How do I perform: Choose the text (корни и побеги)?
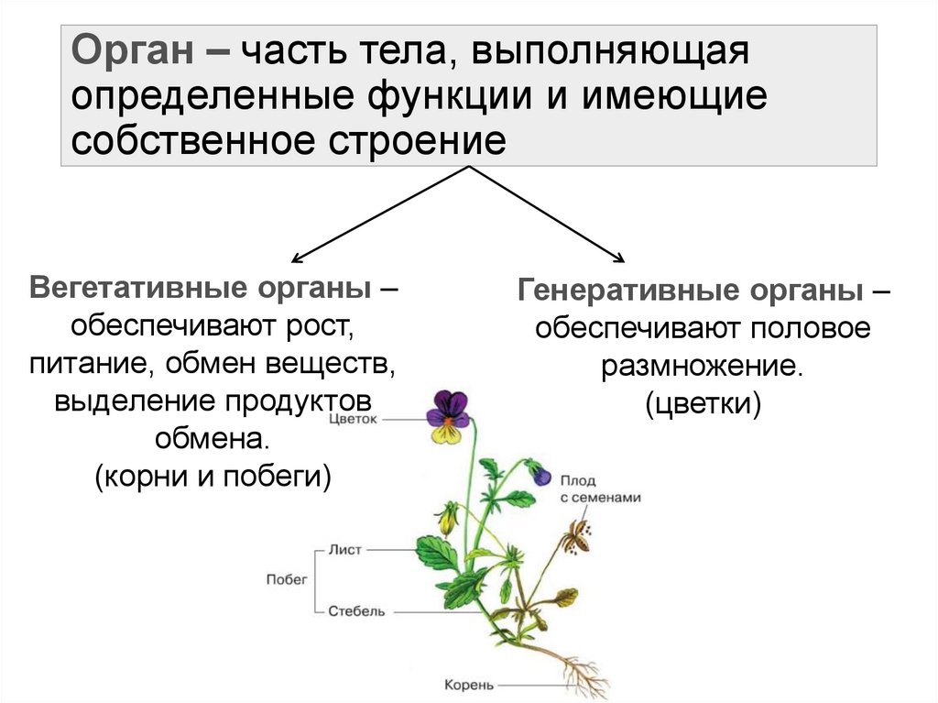click(212, 476)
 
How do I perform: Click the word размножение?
click(702, 367)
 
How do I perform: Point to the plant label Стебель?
click(355, 611)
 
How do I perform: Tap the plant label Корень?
click(469, 684)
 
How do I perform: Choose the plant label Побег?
click(286, 579)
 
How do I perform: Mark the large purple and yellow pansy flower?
click(448, 415)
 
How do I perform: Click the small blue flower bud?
click(542, 476)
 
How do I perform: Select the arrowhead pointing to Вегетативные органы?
click(294, 261)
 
